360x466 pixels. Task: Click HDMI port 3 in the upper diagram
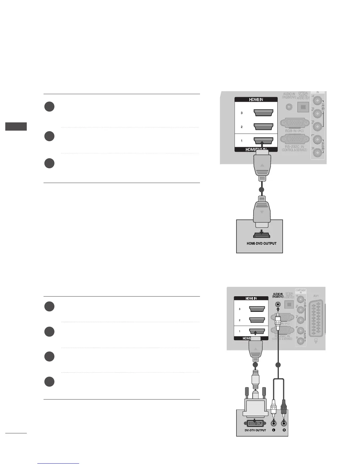263,113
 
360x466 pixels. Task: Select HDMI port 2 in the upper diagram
263,127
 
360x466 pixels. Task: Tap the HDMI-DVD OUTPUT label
261,243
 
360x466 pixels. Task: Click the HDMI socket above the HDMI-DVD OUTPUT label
261,235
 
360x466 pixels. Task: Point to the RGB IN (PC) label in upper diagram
294,131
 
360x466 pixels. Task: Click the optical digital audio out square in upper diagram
303,107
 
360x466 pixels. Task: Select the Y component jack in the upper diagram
317,101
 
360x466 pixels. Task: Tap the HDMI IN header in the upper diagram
256,99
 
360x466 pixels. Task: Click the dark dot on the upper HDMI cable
261,190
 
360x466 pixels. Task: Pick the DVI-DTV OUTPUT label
251,430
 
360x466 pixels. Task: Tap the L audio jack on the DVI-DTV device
274,423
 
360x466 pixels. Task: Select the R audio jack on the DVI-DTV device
284,423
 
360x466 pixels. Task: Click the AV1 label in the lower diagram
316,296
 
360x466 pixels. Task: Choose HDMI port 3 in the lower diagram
257,309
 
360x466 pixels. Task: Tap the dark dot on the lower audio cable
278,365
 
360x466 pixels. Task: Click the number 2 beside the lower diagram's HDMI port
240,320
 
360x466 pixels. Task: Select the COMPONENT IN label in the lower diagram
301,291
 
